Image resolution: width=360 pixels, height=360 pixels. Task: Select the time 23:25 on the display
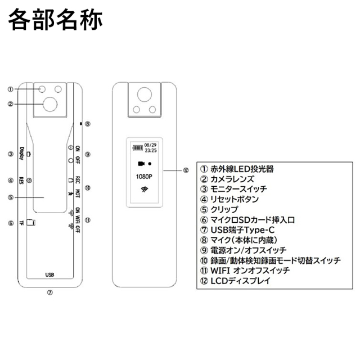151,151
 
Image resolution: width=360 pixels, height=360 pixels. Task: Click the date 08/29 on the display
151,145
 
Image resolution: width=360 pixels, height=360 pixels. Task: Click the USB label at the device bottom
49,275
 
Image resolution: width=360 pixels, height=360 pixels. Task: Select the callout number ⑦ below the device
49,293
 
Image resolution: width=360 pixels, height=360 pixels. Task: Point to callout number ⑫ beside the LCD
186,170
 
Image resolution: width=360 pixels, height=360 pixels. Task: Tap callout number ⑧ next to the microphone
88,124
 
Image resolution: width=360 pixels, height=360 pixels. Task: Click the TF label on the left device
21,223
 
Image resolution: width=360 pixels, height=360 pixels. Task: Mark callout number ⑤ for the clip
10,197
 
